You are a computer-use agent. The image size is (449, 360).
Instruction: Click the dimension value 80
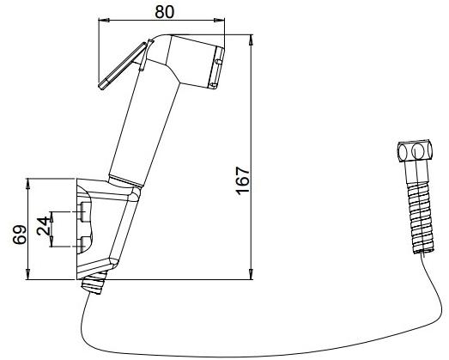164,12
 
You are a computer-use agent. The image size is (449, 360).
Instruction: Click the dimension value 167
243,180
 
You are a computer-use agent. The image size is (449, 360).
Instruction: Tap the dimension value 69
19,235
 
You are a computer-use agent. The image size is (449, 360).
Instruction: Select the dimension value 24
43,226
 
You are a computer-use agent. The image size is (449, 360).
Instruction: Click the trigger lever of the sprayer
123,65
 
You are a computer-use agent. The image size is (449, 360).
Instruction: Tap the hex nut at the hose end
416,151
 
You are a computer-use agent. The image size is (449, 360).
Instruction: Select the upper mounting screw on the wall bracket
84,212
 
